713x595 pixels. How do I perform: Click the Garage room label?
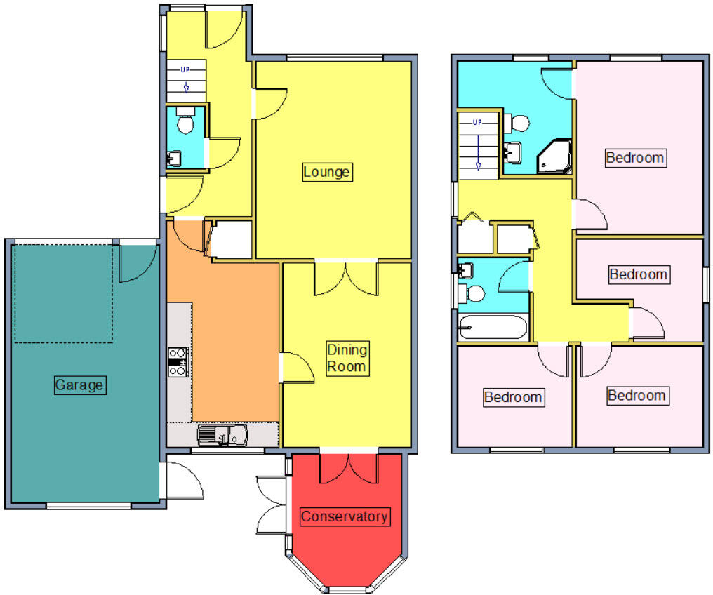[79, 385]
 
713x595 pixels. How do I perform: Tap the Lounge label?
[326, 172]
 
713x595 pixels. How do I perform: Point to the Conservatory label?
[344, 516]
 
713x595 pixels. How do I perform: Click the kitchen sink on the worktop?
[222, 436]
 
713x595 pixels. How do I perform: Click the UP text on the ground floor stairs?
[185, 69]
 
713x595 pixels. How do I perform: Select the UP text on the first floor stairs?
[477, 123]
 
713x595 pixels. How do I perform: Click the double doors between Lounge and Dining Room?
[345, 276]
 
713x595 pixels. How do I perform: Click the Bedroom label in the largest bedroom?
[635, 158]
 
